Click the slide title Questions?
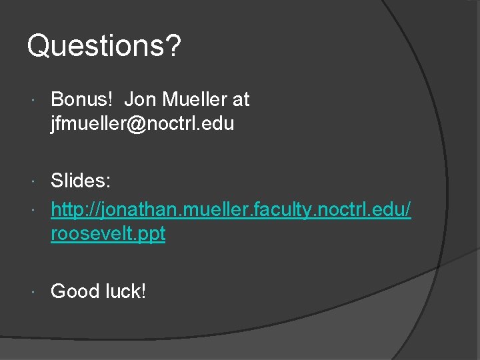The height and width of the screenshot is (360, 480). (x=103, y=47)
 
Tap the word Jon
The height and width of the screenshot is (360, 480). (x=138, y=99)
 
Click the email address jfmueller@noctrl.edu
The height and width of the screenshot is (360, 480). (x=142, y=123)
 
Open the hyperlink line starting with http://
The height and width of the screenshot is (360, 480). (x=231, y=211)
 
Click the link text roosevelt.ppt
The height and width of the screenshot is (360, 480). (x=108, y=235)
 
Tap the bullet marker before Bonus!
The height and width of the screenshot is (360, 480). (x=35, y=100)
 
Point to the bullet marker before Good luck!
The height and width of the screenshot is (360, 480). (x=35, y=291)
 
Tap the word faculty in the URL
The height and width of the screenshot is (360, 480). (x=285, y=211)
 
